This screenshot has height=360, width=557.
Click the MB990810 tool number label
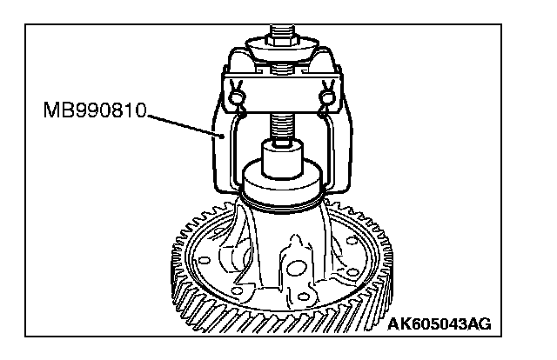[x=95, y=112]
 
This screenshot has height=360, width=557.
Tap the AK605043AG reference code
[x=439, y=324]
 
